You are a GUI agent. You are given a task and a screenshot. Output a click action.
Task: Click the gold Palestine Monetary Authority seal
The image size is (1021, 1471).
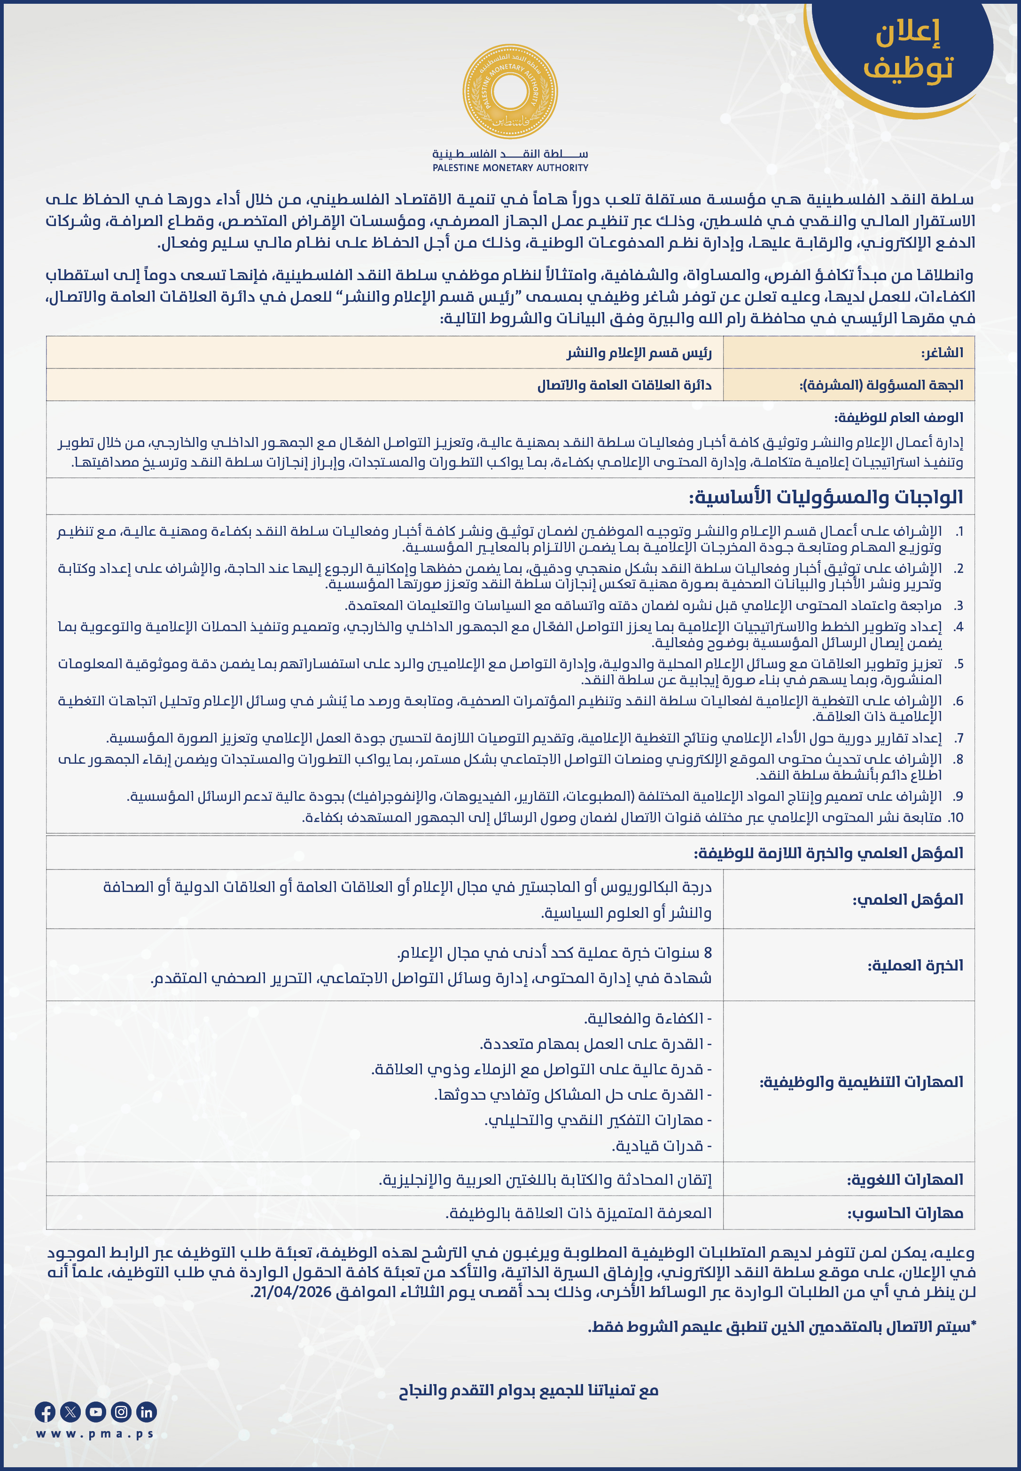point(510,91)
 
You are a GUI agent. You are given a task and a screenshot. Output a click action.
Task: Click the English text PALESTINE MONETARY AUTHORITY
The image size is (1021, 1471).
point(510,168)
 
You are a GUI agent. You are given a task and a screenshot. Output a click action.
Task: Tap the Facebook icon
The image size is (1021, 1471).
point(45,1412)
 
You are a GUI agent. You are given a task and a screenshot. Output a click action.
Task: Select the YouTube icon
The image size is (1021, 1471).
point(95,1412)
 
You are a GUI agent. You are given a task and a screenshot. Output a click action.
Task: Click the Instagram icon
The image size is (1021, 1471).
point(121,1412)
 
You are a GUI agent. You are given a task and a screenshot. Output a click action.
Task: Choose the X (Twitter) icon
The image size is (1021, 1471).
point(70,1412)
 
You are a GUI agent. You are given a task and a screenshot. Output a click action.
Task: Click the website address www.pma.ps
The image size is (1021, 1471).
point(95,1434)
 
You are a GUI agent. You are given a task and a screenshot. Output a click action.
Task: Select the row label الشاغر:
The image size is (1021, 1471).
point(942,352)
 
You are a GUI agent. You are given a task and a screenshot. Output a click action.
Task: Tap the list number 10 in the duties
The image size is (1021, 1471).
point(956,818)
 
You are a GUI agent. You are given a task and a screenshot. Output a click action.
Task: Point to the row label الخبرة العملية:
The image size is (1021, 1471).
point(915,965)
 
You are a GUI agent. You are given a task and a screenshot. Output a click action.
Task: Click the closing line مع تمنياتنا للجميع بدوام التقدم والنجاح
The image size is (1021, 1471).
point(529,1390)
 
